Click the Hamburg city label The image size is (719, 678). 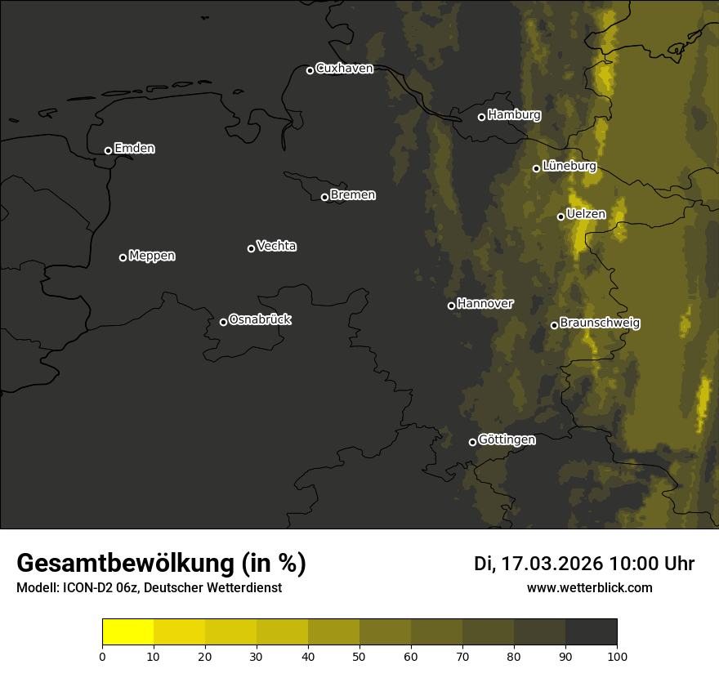pos(514,115)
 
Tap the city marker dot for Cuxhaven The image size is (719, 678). pos(310,70)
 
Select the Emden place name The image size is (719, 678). pos(134,149)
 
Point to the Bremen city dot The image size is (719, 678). pos(324,197)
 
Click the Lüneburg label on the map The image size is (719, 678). pos(569,166)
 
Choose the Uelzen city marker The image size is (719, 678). pos(560,216)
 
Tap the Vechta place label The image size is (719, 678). pos(276,246)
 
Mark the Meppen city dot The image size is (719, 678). pos(123,257)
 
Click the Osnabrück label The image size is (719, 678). pos(260,319)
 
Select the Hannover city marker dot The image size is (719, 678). pos(451,306)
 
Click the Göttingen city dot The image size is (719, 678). pos(472,442)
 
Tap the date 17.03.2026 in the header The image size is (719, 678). pos(552,564)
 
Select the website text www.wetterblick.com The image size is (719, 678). pos(589,587)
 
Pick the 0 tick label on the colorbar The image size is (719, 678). pos(102,656)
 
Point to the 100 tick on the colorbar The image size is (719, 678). pos(617,656)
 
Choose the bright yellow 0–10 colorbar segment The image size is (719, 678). pos(127,632)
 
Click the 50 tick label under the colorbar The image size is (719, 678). pos(359,656)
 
